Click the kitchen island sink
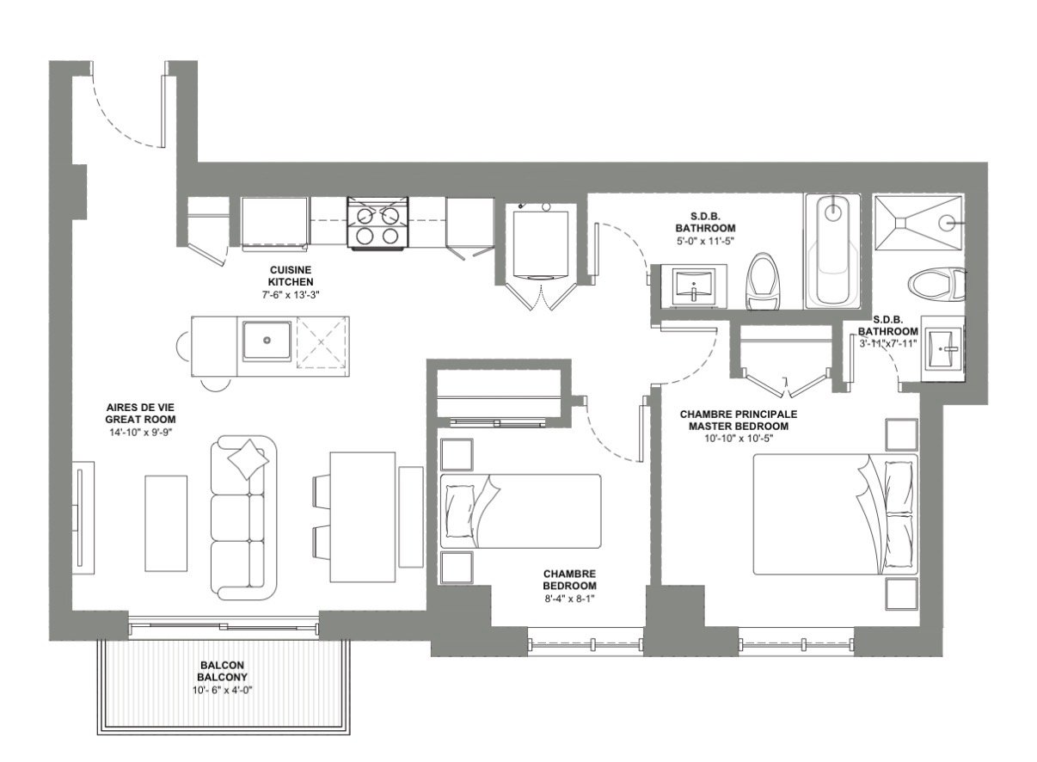(267, 341)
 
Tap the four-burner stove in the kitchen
(377, 223)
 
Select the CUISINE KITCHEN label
(291, 276)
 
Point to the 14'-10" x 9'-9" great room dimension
(141, 433)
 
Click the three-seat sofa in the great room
(243, 518)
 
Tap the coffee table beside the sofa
(166, 523)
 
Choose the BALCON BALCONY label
(222, 671)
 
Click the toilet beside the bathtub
(764, 281)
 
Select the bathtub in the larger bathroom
(833, 251)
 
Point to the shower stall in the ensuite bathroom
(918, 223)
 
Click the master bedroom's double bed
(835, 514)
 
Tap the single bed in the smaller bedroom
(520, 512)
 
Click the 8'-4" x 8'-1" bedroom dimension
(569, 599)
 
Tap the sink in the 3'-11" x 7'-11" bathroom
(942, 349)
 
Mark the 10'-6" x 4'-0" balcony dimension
(222, 691)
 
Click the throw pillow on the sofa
(249, 460)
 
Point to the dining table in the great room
(363, 517)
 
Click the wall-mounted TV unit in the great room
(83, 518)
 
